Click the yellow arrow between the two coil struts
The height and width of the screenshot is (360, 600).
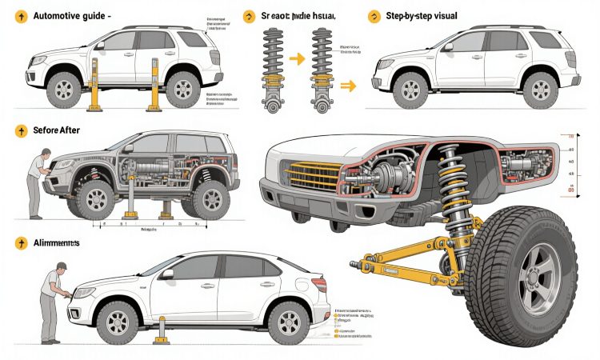[x=296, y=58]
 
